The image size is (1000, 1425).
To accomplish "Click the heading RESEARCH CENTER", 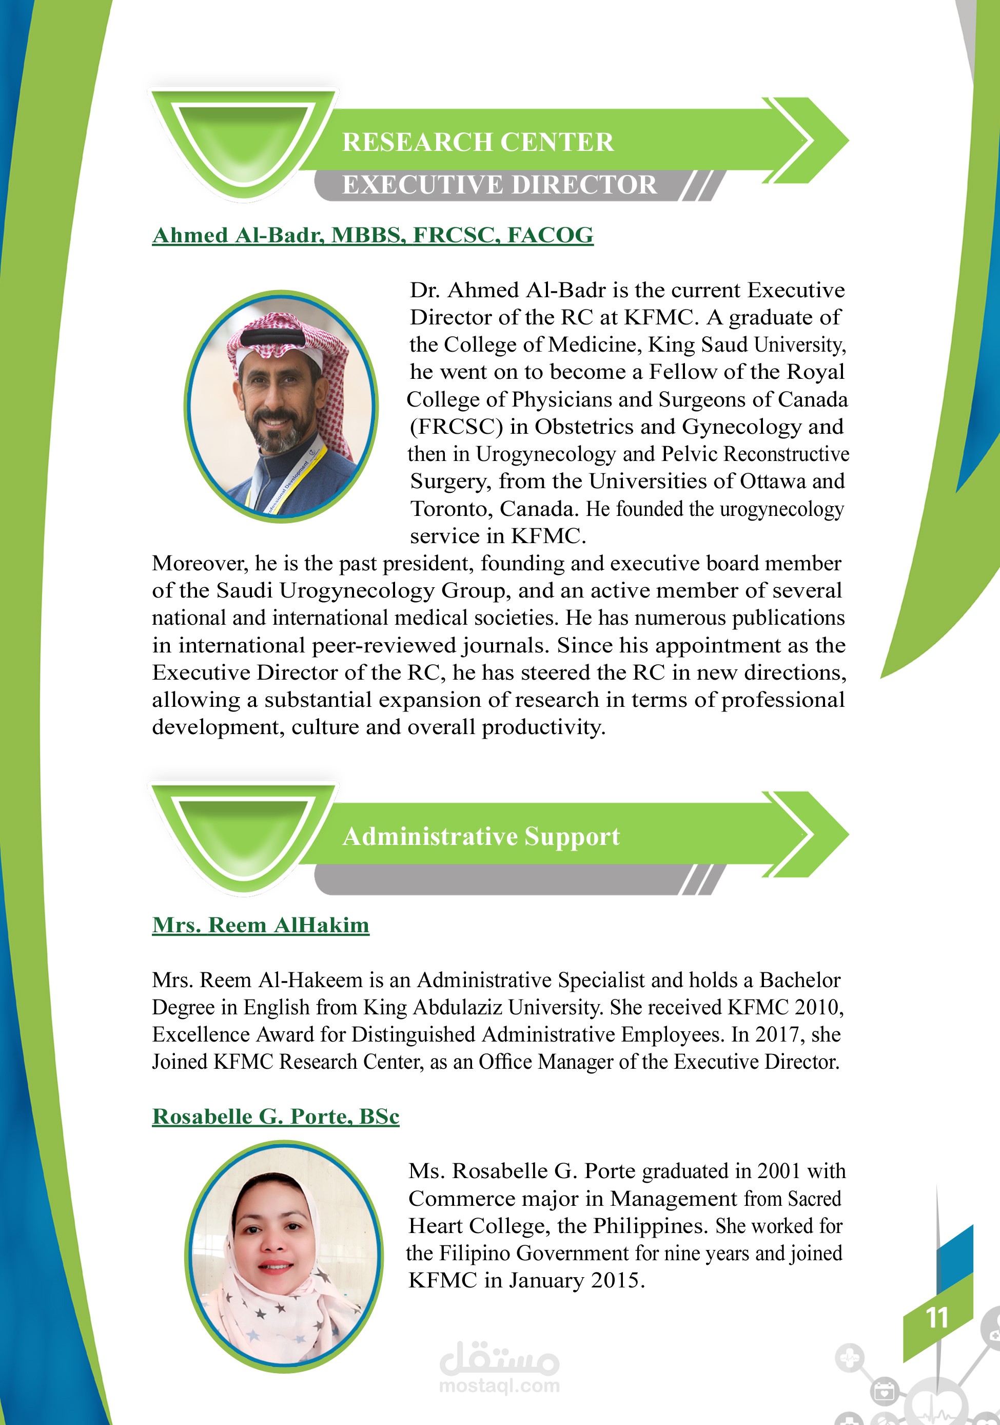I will pos(478,142).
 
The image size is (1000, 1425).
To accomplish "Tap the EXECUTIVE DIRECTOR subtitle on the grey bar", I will pos(499,185).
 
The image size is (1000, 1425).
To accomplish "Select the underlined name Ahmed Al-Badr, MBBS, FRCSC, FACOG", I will pos(372,235).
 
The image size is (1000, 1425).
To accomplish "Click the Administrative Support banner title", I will pos(481,836).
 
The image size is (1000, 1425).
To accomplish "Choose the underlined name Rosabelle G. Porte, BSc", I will pos(276,1116).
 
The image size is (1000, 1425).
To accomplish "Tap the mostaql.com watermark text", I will pos(499,1385).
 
